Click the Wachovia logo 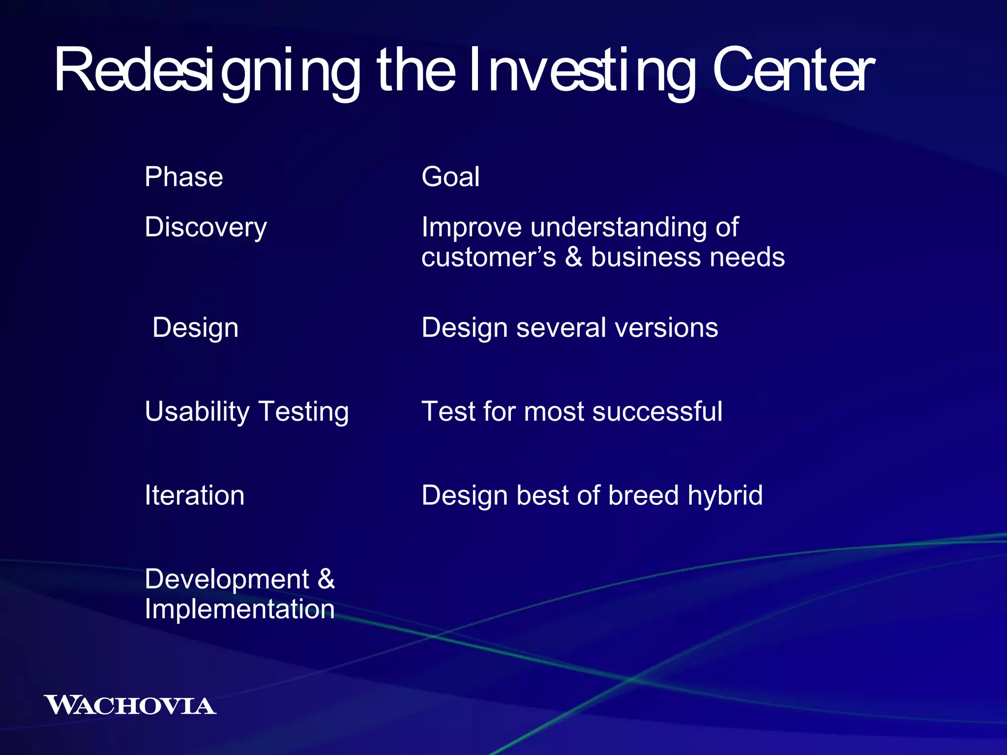(130, 705)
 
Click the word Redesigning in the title (207, 71)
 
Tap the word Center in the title (793, 71)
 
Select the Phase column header (183, 177)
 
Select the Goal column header (450, 177)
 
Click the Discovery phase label (206, 228)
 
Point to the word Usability (197, 412)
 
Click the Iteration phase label (194, 495)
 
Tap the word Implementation (239, 610)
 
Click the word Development (227, 579)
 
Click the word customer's (488, 258)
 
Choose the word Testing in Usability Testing (303, 412)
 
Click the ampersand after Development (326, 579)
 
